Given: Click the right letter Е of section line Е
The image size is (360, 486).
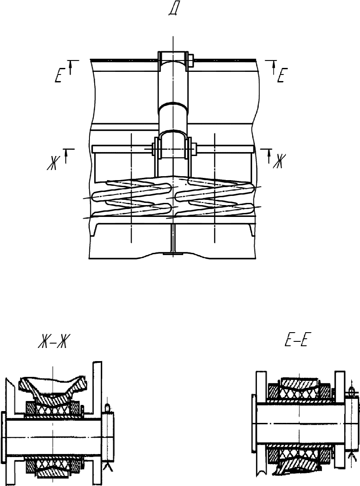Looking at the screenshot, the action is (281, 75).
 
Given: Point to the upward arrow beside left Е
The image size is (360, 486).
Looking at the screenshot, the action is (71, 67).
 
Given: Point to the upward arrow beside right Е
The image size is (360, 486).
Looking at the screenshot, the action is (274, 67).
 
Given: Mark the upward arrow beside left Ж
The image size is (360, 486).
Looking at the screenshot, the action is (66, 156).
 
